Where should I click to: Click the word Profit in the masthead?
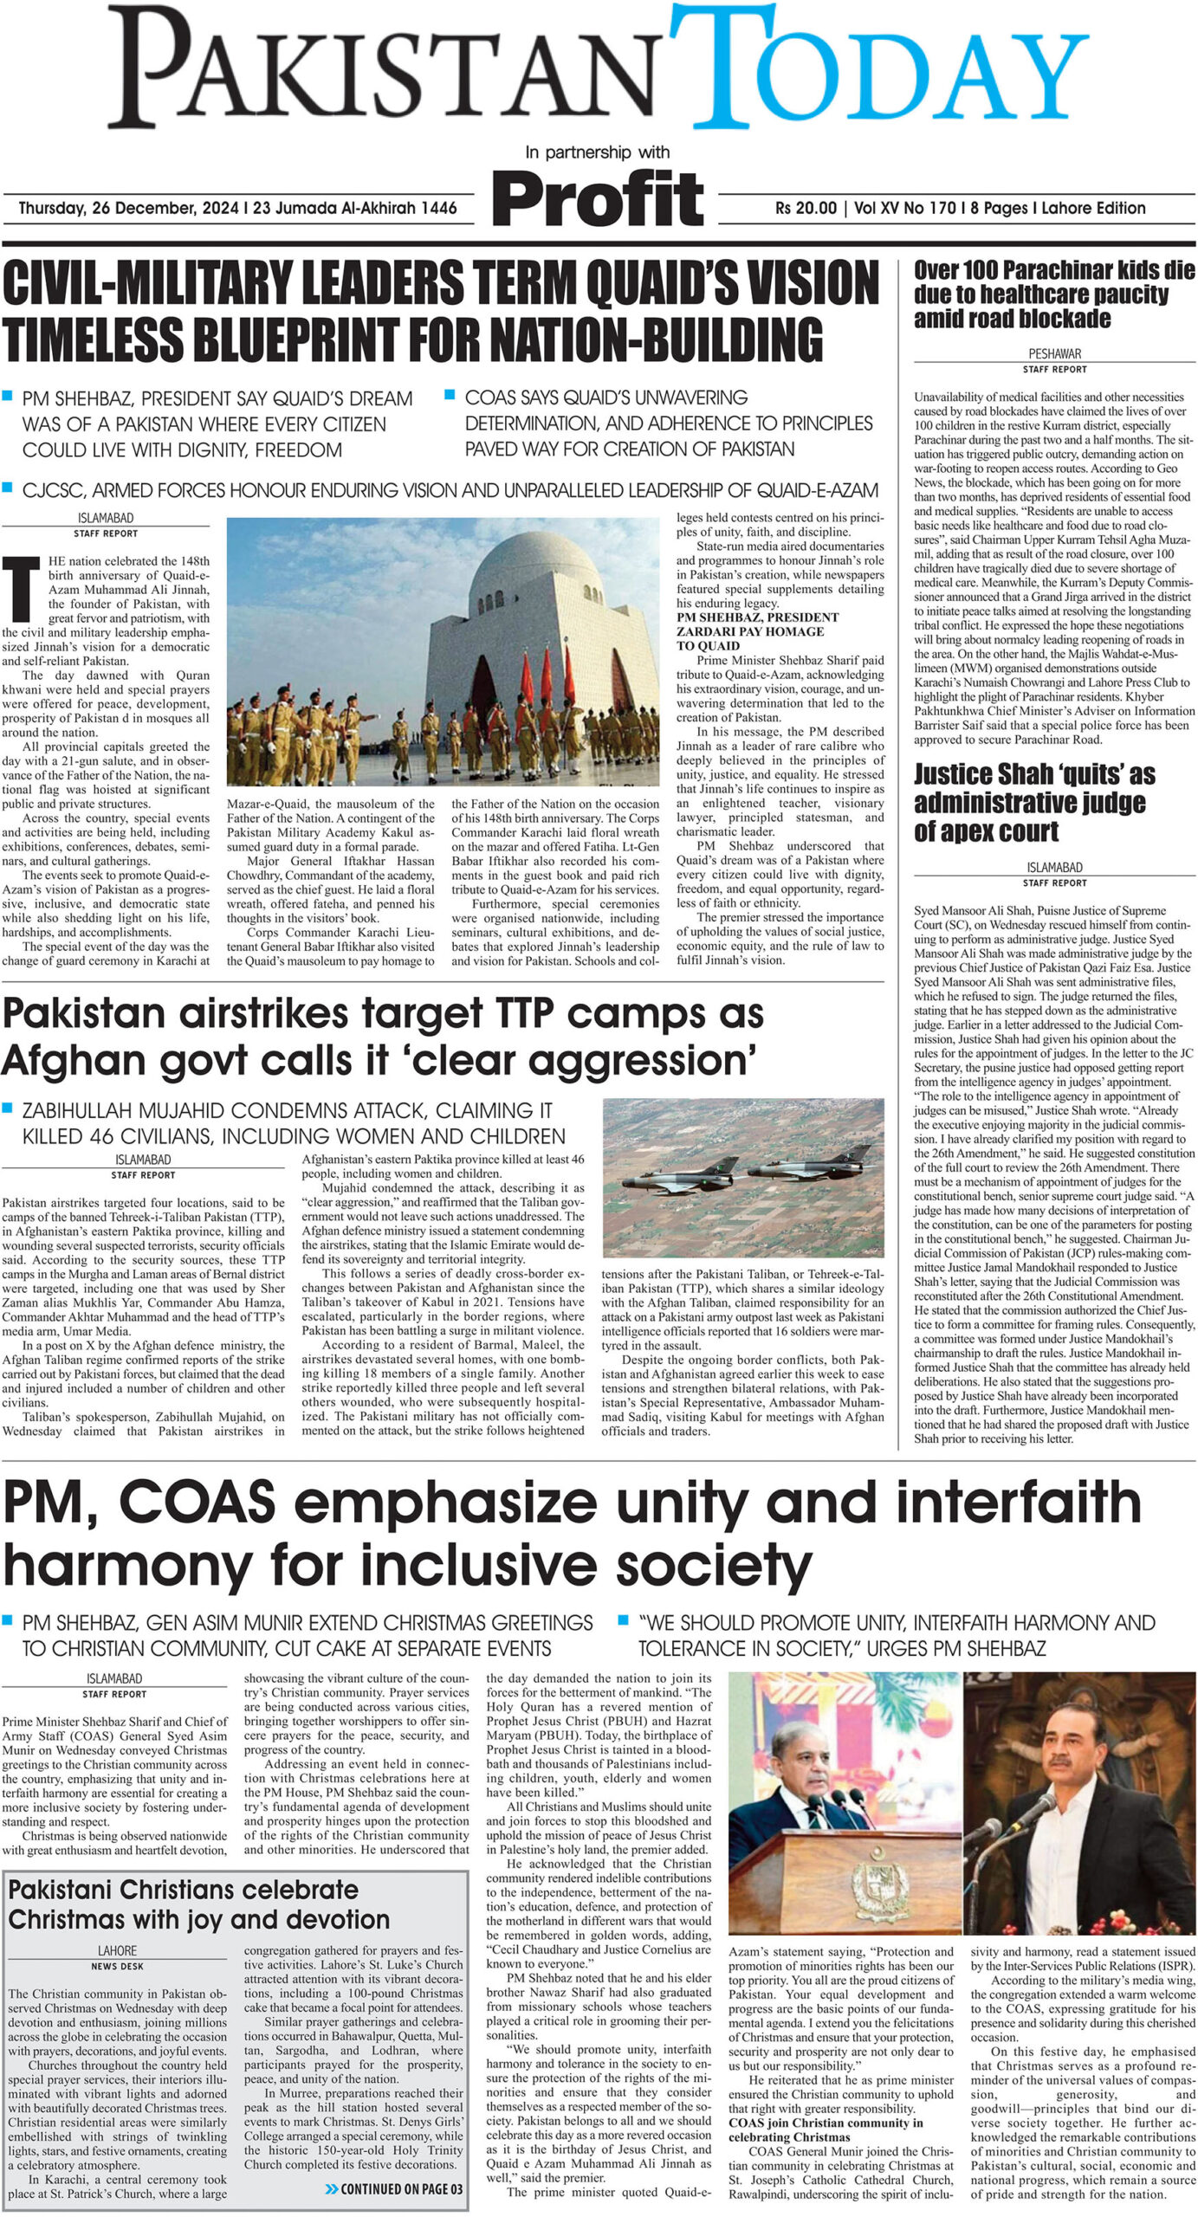pyautogui.click(x=597, y=198)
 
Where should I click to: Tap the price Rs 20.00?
pyautogui.click(x=806, y=209)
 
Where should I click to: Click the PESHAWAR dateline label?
pyautogui.click(x=1053, y=353)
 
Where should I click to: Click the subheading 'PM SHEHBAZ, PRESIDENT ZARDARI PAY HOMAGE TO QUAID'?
pyautogui.click(x=757, y=631)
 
